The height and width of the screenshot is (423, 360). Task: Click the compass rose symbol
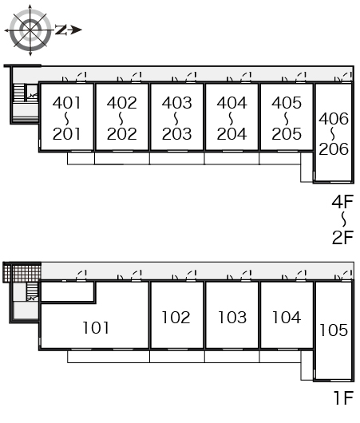point(30,30)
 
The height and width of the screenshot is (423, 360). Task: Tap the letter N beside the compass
point(61,30)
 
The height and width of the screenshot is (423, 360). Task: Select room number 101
point(96,327)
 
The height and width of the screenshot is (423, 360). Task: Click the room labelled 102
point(176,318)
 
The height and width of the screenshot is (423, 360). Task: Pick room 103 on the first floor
point(232,318)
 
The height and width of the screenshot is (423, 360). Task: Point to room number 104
point(287,318)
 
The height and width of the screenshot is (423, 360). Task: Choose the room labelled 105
point(334,330)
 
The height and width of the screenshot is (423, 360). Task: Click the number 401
point(66,103)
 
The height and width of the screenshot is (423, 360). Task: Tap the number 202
point(121,134)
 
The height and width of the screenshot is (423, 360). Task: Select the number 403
point(176,103)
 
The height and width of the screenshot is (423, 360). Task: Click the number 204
point(231,134)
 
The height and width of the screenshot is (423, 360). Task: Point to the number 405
point(287,103)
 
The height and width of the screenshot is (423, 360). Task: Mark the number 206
point(334,149)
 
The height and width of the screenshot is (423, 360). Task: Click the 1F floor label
point(343,397)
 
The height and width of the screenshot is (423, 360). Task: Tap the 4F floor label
point(342,201)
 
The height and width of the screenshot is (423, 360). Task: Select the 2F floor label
point(342,237)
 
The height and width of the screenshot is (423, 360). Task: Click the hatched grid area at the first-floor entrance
point(22,272)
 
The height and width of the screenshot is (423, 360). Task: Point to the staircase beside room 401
point(19,93)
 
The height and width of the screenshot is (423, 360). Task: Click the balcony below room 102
point(177,356)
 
